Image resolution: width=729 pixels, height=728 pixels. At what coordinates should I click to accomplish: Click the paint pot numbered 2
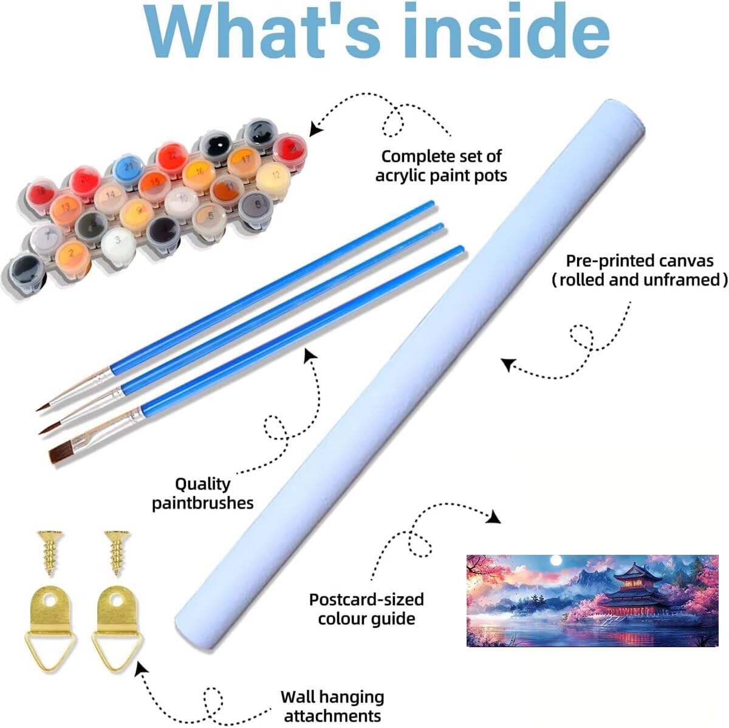(x=73, y=258)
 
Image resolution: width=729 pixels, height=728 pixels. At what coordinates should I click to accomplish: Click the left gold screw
(x=50, y=552)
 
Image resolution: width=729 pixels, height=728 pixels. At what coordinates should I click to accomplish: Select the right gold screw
(x=117, y=552)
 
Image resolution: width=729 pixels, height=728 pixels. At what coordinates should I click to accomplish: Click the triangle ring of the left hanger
(x=50, y=649)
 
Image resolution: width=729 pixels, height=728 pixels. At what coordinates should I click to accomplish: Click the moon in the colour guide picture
(x=556, y=561)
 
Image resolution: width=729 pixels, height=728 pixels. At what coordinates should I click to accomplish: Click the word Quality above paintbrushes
(x=202, y=484)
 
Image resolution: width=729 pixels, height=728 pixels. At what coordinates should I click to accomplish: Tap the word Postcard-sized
(x=366, y=599)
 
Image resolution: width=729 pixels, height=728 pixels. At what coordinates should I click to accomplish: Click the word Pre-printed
(x=610, y=261)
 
